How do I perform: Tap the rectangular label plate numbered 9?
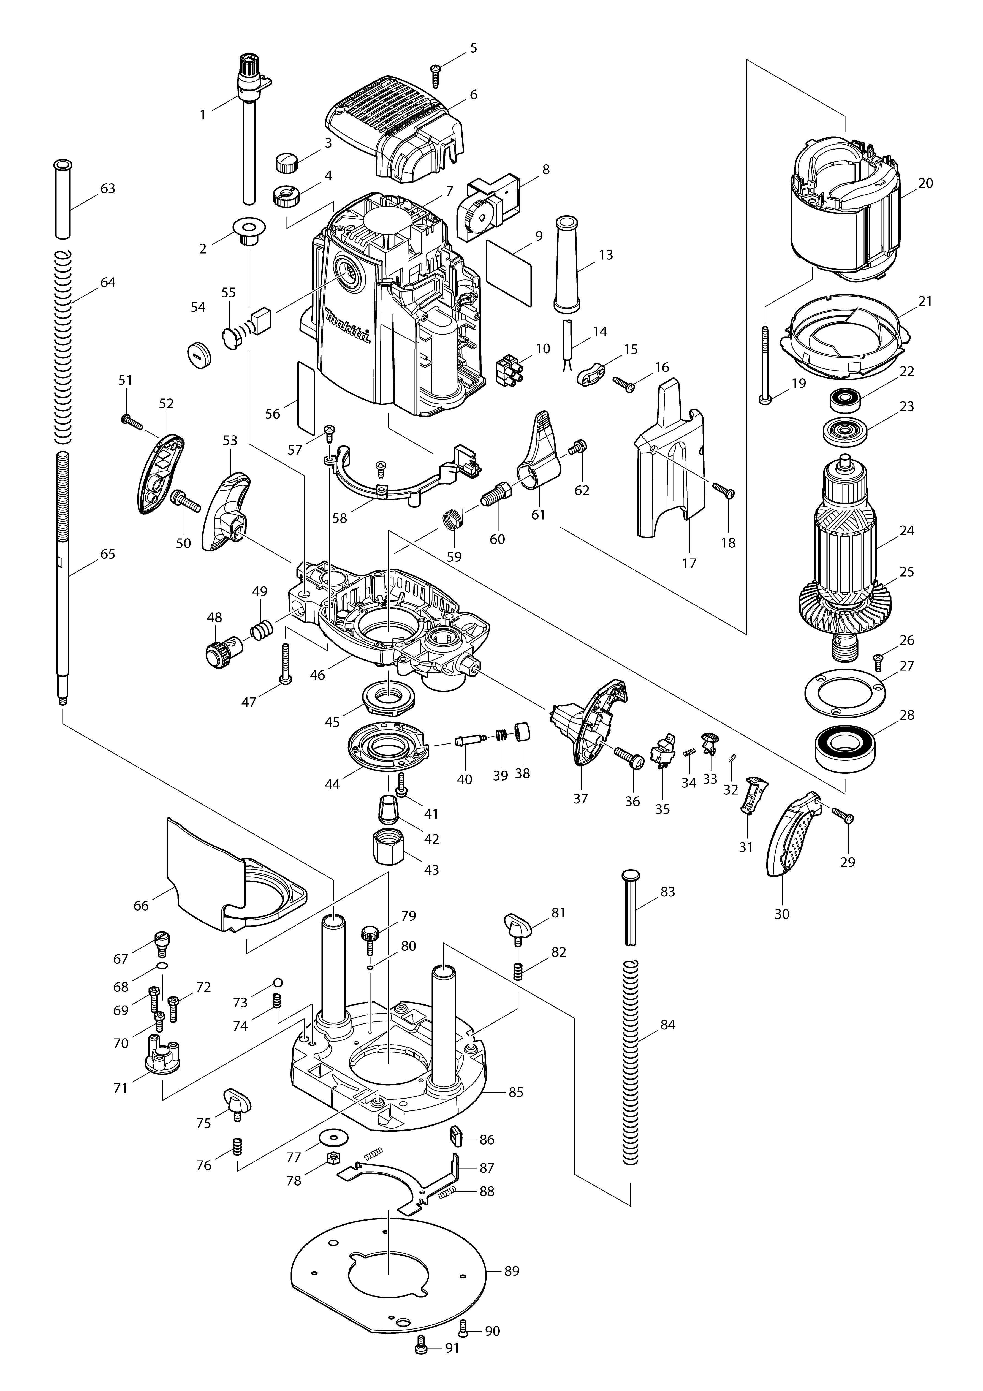click(509, 273)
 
